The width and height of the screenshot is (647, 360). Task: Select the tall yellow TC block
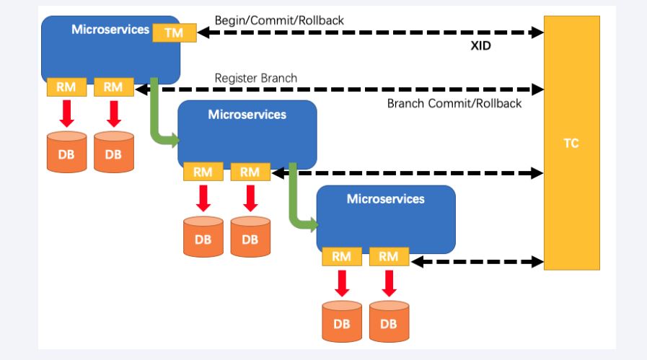point(571,143)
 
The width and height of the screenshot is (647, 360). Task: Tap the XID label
point(480,45)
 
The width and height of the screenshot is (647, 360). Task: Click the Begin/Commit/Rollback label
point(279,20)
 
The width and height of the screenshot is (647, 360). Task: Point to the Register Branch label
point(255,77)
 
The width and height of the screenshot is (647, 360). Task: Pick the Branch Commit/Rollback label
point(454,103)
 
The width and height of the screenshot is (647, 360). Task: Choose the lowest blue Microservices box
point(386,216)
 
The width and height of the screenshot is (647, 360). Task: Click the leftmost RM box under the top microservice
point(66,87)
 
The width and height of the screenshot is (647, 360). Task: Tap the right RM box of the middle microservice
point(250,172)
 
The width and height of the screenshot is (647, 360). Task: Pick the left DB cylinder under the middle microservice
point(203,236)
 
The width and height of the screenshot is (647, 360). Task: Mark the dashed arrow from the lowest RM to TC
point(477,260)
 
